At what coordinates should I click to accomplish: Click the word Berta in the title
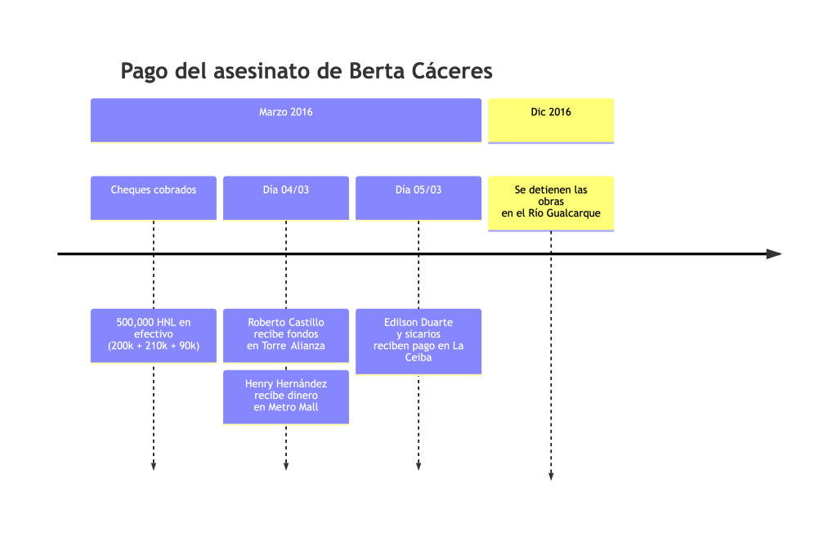pyautogui.click(x=377, y=71)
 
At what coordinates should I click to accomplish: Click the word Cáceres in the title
pyautogui.click(x=452, y=71)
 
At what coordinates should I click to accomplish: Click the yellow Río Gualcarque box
pyautogui.click(x=551, y=203)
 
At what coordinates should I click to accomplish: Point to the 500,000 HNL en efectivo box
pyautogui.click(x=154, y=335)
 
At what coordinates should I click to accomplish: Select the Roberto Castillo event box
pyautogui.click(x=286, y=335)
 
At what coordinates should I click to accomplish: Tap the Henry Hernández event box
pyautogui.click(x=286, y=396)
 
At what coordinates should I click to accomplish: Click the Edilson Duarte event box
pyautogui.click(x=418, y=341)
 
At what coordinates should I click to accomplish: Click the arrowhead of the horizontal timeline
pyautogui.click(x=774, y=254)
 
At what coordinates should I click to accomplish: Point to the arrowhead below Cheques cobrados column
pyautogui.click(x=154, y=466)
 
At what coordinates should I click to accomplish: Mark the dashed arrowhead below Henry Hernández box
pyautogui.click(x=286, y=466)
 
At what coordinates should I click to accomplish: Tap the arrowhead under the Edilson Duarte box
pyautogui.click(x=418, y=466)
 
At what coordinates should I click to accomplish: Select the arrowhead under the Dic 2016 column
pyautogui.click(x=551, y=476)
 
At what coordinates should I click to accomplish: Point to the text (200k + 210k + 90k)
pyautogui.click(x=154, y=346)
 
